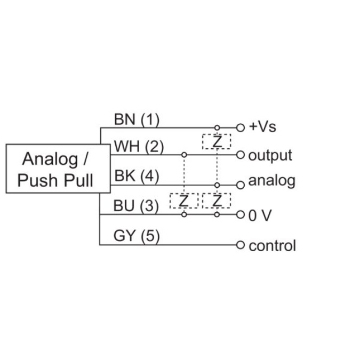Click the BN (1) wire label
coord(137,119)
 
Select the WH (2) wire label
coord(139,147)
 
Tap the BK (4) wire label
coord(137,176)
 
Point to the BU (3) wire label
coord(136,206)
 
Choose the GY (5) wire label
coord(137,236)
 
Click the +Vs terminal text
coord(262,127)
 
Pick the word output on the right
coord(270,156)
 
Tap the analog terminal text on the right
coord(271,180)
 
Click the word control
coord(272,246)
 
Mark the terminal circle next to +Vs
coord(240,128)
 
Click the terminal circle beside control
coord(240,245)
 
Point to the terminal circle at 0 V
coord(240,215)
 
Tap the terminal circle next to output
coord(240,155)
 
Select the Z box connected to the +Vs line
coord(217,142)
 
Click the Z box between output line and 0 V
coord(184,201)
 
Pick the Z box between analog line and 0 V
coord(217,201)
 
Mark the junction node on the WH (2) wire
coord(184,155)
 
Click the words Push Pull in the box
coord(55,180)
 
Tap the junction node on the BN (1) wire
coord(217,128)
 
